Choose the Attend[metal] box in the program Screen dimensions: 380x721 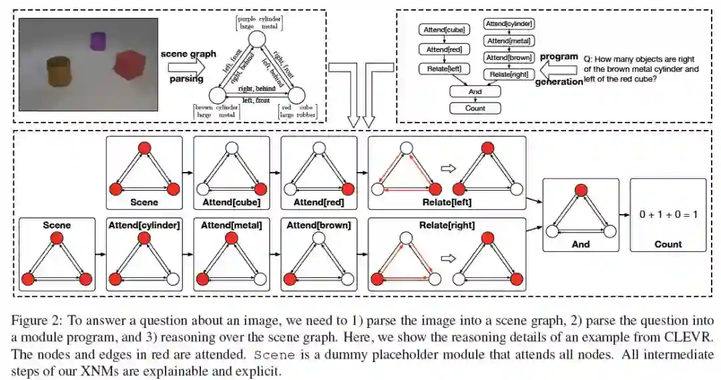pyautogui.click(x=509, y=42)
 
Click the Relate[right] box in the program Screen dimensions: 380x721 pyautogui.click(x=509, y=75)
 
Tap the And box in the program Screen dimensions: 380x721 pyautogui.click(x=475, y=93)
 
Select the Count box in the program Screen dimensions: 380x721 pyautogui.click(x=475, y=108)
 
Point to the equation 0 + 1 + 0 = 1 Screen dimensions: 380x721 pyautogui.click(x=668, y=215)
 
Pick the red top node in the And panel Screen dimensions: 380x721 pyautogui.click(x=580, y=191)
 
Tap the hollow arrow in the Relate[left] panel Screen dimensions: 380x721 pyautogui.click(x=447, y=169)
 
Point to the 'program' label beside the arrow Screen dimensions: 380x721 pyautogui.click(x=558, y=57)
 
